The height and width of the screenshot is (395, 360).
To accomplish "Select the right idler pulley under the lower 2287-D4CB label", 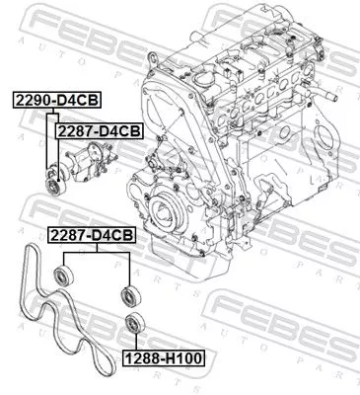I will point(126,294).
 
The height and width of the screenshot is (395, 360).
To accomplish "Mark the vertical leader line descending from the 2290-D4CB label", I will point(46,138).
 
